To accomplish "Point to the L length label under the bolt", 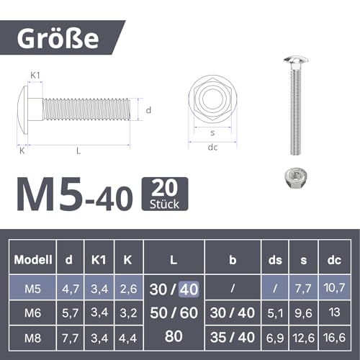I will [77, 150].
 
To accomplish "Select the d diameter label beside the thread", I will [147, 110].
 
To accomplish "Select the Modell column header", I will [32, 261].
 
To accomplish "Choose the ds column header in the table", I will [275, 261].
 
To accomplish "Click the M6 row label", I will [32, 313].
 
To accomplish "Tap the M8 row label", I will [32, 336].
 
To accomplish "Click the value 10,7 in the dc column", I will [333, 289].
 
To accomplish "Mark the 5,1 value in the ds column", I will [275, 313].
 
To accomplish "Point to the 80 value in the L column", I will [173, 336].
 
